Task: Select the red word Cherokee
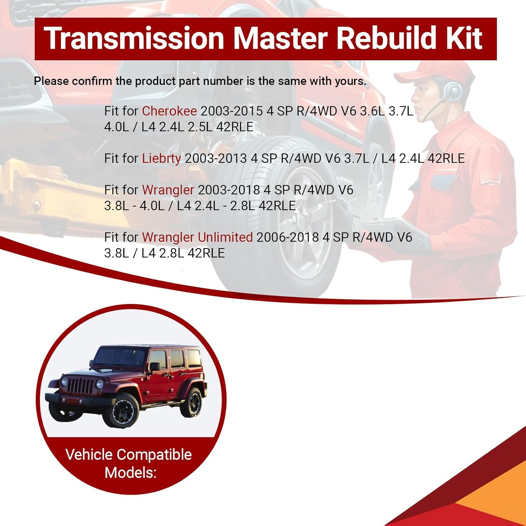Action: click(169, 111)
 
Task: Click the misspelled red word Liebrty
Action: click(161, 159)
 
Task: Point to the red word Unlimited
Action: click(225, 237)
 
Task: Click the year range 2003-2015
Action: click(231, 111)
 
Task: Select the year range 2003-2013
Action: click(216, 159)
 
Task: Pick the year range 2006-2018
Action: click(288, 237)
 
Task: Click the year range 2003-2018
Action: click(229, 190)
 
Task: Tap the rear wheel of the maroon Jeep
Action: click(192, 402)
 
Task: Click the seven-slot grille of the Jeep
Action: click(81, 386)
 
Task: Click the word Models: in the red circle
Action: click(130, 473)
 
